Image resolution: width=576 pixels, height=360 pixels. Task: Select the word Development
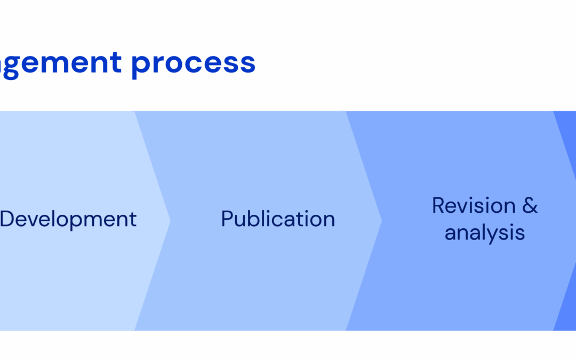(68, 219)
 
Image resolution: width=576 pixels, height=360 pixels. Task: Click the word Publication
(278, 219)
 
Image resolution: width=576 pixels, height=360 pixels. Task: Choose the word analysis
(485, 233)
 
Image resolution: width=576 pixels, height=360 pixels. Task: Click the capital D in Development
(7, 219)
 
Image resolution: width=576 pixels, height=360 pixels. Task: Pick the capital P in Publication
(228, 219)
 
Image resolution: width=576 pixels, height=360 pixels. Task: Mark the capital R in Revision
(438, 206)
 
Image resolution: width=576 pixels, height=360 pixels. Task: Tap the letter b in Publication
(254, 219)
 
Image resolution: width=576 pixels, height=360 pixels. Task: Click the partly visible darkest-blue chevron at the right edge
(569, 267)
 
